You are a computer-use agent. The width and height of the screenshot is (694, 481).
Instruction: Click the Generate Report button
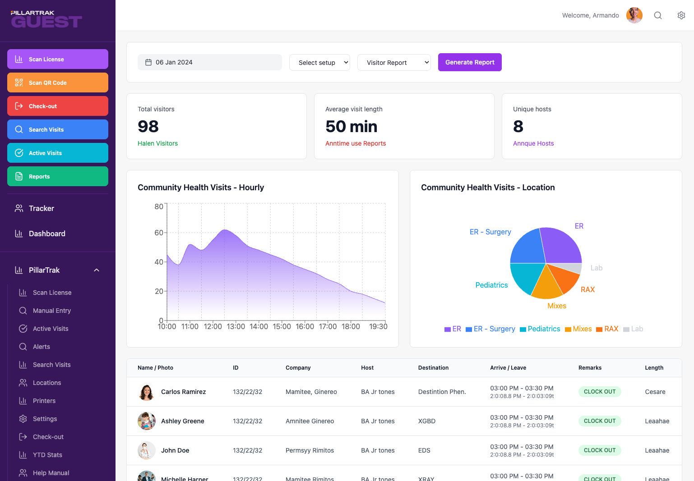pos(470,62)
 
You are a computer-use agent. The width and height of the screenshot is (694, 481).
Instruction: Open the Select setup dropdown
pos(319,63)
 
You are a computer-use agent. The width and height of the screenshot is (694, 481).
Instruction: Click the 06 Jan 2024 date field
pos(209,62)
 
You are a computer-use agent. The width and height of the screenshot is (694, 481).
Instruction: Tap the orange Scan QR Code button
pos(58,82)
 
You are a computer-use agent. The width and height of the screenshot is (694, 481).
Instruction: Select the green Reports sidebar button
pos(58,176)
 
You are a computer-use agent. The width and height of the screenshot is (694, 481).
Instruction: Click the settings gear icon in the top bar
pos(681,15)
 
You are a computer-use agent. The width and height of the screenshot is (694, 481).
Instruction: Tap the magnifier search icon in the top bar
pos(658,15)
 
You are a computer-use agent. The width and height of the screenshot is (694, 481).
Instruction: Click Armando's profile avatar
pos(634,15)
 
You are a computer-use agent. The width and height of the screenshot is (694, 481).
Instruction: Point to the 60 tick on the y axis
pos(159,233)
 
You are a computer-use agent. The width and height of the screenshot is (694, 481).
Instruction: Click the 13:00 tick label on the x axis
pos(236,326)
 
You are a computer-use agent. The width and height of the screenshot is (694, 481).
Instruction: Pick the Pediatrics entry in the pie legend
pos(544,329)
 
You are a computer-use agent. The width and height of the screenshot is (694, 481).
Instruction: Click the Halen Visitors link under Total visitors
pos(157,143)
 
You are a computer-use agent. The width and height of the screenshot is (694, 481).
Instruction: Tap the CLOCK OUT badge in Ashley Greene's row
pos(600,421)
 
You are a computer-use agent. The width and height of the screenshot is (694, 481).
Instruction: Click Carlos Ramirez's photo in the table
pos(147,392)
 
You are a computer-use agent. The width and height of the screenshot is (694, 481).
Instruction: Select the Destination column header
pos(433,368)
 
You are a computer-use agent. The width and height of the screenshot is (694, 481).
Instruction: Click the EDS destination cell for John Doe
pos(424,450)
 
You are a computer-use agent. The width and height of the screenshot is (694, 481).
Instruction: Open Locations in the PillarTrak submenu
pos(47,383)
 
